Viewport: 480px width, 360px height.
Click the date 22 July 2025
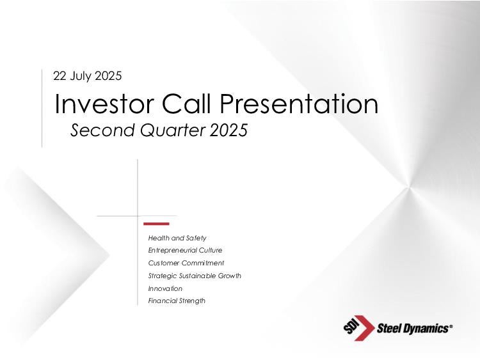pyautogui.click(x=87, y=76)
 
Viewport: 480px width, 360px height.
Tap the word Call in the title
pyautogui.click(x=186, y=104)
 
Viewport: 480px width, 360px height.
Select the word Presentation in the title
pyautogui.click(x=299, y=104)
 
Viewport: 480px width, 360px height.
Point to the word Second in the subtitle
pyautogui.click(x=102, y=130)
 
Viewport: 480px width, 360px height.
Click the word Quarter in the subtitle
pyautogui.click(x=173, y=130)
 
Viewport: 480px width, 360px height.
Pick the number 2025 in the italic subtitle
pyautogui.click(x=229, y=130)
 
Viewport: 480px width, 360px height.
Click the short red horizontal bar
pyautogui.click(x=156, y=224)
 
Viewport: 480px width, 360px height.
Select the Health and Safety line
pyautogui.click(x=177, y=238)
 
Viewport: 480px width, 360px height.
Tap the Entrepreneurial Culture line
pyautogui.click(x=185, y=250)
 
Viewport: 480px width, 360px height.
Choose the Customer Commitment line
pyautogui.click(x=186, y=263)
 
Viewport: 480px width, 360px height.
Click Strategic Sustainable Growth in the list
pyautogui.click(x=195, y=276)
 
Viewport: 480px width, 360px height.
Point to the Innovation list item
pyautogui.click(x=165, y=288)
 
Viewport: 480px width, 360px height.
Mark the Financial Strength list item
pyautogui.click(x=177, y=301)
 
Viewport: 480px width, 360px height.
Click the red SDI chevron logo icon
pyautogui.click(x=359, y=328)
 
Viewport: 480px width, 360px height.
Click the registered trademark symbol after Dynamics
pyautogui.click(x=451, y=326)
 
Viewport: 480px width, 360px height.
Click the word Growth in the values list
pyautogui.click(x=229, y=276)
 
